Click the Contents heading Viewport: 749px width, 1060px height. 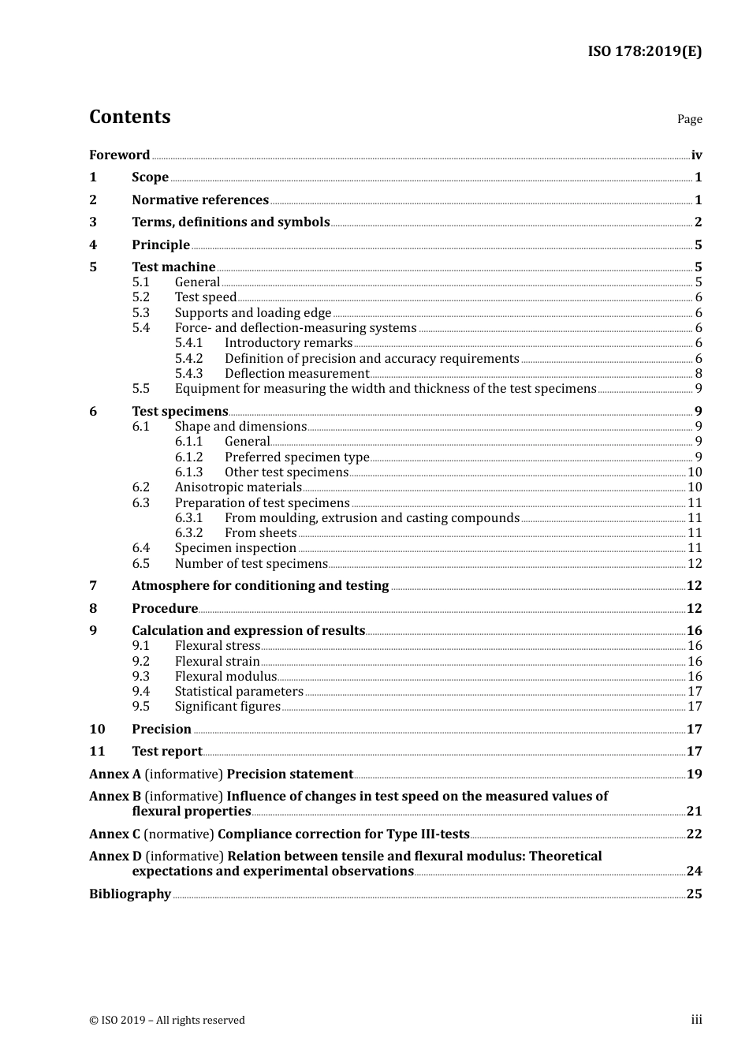pos(129,117)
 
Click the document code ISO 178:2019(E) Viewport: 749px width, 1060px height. pos(644,52)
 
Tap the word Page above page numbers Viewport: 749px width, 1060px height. pos(689,119)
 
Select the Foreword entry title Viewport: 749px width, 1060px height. pos(119,155)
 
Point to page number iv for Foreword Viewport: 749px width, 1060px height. pos(696,155)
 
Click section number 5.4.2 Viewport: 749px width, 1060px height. pos(188,359)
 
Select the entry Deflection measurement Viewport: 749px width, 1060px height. pos(296,374)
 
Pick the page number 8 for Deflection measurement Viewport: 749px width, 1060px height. pos(699,374)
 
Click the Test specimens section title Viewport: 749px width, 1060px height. pos(180,412)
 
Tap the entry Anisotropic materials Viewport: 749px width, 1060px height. pos(238,487)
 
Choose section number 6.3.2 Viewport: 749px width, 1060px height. pos(188,533)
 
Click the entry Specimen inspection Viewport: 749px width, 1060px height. pos(235,548)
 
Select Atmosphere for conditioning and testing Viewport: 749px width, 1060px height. pos(260,586)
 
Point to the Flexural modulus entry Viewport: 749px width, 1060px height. pos(225,677)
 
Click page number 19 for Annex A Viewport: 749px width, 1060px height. pos(694,774)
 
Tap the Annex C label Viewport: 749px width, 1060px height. pos(115,834)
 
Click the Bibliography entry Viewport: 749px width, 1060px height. pos(130,894)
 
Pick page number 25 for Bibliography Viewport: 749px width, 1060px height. pos(694,894)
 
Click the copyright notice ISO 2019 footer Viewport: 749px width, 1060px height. pos(167,1021)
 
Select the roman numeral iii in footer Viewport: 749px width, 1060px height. pos(696,1020)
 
